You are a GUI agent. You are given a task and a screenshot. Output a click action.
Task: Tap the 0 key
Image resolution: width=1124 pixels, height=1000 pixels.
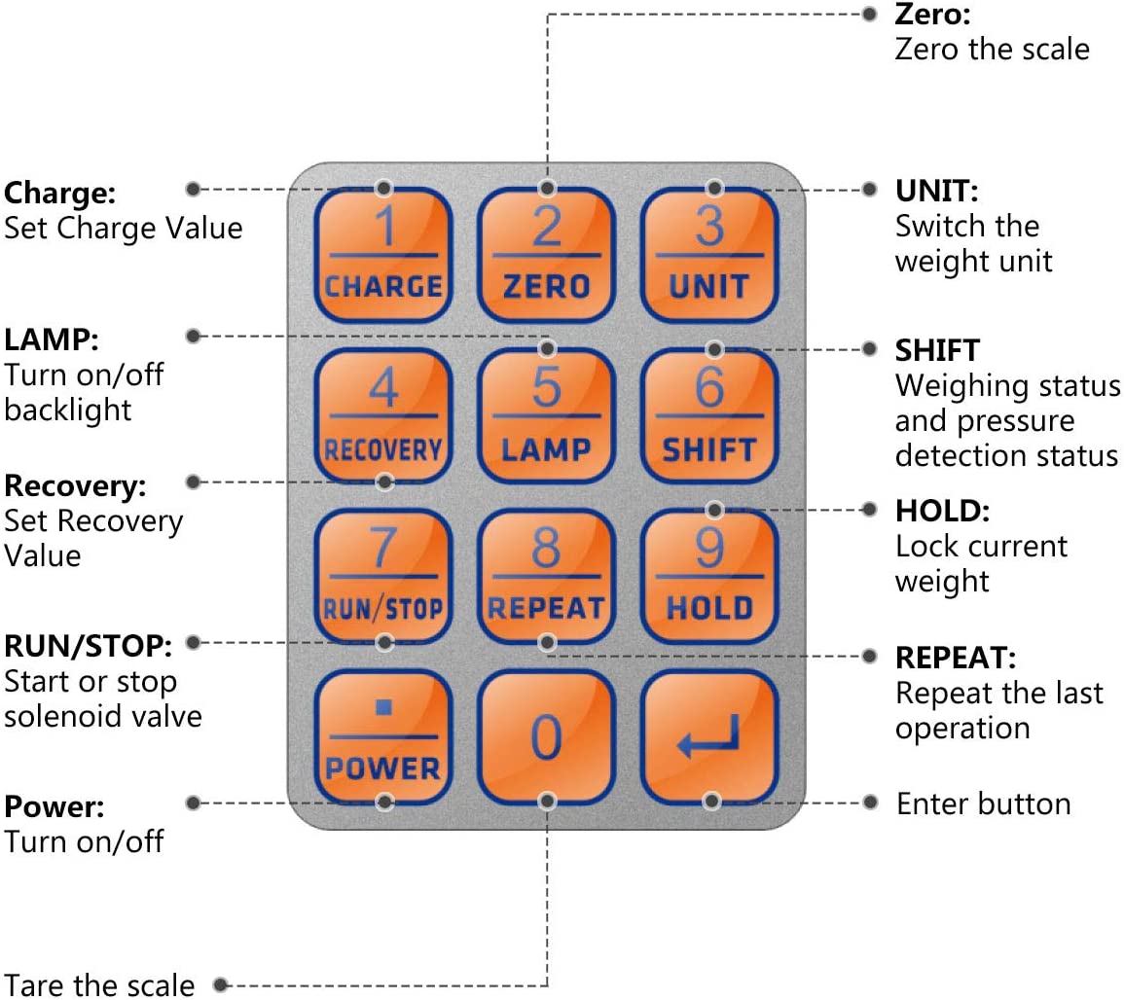pos(547,736)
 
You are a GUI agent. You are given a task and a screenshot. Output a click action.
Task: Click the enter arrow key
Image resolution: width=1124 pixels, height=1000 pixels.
pos(709,736)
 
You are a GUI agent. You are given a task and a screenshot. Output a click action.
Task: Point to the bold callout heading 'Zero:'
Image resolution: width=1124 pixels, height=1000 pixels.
pos(932,15)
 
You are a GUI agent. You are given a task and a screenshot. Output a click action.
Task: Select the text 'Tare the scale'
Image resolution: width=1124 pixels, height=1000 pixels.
pos(99,983)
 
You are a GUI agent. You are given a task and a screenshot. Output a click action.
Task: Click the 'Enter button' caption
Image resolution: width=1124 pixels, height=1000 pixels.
pos(983,804)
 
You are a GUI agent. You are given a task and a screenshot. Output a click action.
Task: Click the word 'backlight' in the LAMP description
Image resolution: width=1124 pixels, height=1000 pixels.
pos(67,410)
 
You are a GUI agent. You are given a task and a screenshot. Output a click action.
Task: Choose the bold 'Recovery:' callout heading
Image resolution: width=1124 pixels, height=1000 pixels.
pos(75,484)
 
